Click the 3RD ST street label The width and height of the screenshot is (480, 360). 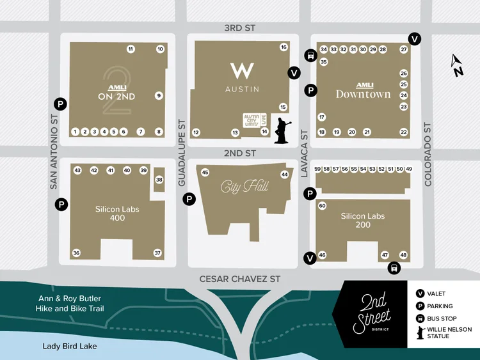tap(240, 29)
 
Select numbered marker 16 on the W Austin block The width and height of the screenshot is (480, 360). tap(284, 47)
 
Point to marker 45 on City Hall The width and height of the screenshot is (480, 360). tap(205, 173)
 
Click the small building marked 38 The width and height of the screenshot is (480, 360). tap(159, 180)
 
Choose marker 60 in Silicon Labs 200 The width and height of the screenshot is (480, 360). tap(323, 206)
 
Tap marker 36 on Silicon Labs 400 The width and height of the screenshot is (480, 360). tap(77, 253)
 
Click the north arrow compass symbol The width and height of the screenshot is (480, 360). tap(458, 66)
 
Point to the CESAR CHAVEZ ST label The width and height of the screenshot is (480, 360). tap(240, 279)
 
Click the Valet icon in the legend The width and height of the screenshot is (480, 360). tap(420, 293)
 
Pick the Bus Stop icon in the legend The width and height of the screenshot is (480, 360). tap(420, 318)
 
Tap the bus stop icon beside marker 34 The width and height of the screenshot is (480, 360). tap(310, 55)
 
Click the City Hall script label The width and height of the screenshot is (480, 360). tap(244, 187)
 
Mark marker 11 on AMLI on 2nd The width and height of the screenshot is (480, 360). tap(131, 49)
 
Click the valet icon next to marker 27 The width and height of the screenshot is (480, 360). tap(415, 38)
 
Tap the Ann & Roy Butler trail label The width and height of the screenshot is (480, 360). tap(70, 304)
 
